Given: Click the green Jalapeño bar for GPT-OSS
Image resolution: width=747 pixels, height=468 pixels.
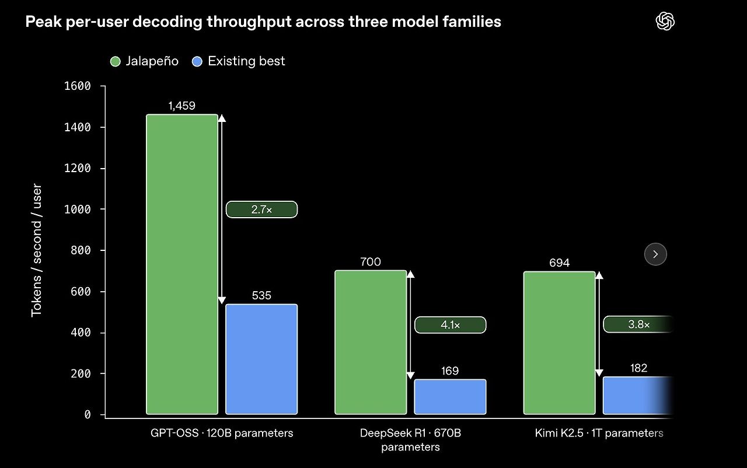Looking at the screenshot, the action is (x=182, y=264).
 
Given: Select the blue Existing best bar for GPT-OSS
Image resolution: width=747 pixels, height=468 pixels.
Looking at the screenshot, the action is (x=261, y=359).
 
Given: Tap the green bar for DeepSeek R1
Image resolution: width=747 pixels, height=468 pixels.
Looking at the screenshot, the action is (x=371, y=343).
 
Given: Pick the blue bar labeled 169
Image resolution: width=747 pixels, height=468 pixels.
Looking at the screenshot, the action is (x=450, y=397).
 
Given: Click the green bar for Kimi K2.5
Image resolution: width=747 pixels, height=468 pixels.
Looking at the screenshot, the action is (x=559, y=343).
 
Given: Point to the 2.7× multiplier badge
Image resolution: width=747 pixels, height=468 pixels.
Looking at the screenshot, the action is (x=262, y=209).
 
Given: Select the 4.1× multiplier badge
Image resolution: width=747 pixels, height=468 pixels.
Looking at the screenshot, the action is (x=450, y=324).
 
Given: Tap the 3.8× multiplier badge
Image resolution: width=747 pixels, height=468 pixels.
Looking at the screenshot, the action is (x=638, y=324).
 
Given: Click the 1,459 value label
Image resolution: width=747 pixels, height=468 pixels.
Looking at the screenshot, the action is (x=181, y=106).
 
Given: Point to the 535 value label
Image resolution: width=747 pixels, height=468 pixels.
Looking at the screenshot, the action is (x=261, y=295).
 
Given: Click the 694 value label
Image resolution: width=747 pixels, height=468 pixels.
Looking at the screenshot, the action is (x=559, y=263).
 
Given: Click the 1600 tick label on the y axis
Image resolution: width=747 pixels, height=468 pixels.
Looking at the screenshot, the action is (x=78, y=86).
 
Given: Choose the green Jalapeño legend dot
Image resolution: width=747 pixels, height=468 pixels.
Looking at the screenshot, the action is (x=116, y=62).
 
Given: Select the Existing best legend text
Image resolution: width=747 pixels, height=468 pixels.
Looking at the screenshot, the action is (x=246, y=61).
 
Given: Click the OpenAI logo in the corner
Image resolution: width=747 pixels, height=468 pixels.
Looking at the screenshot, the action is (x=665, y=22).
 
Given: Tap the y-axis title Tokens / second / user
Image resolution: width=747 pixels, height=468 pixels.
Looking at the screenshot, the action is (x=36, y=250).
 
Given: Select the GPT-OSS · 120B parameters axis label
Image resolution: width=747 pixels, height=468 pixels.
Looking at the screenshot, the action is (x=222, y=433).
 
